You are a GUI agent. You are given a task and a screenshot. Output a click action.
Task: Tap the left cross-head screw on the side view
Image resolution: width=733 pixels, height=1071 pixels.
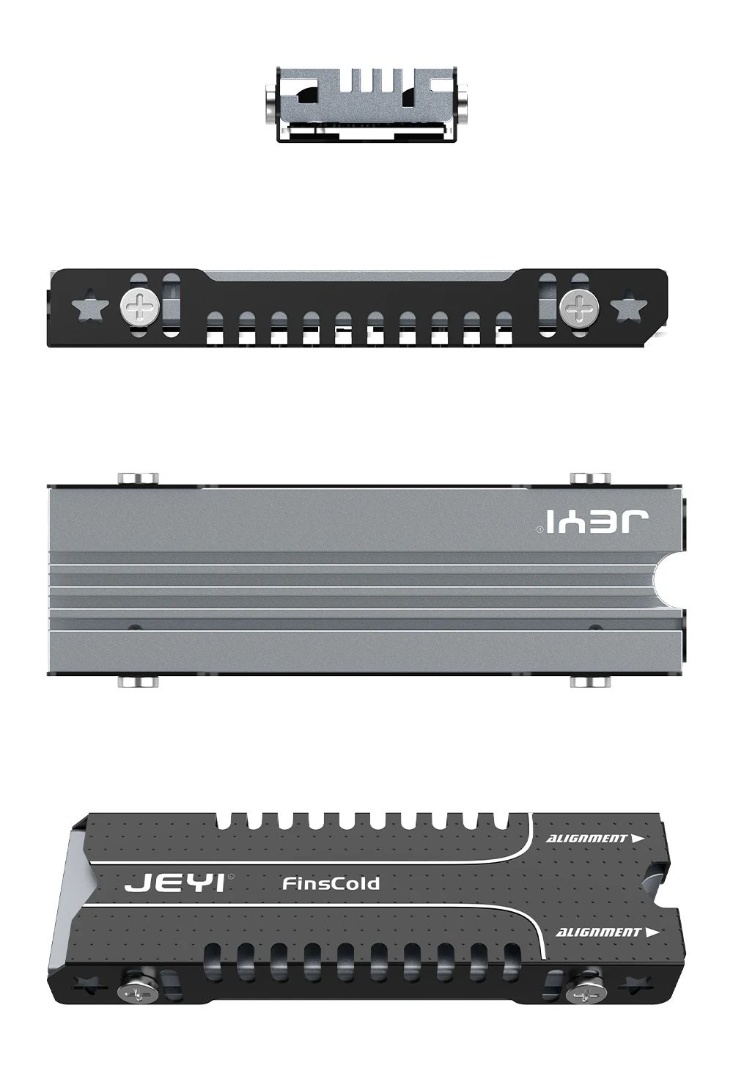click(x=139, y=306)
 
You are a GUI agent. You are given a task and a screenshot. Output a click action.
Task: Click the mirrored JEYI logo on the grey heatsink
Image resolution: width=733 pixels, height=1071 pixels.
click(x=592, y=522)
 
